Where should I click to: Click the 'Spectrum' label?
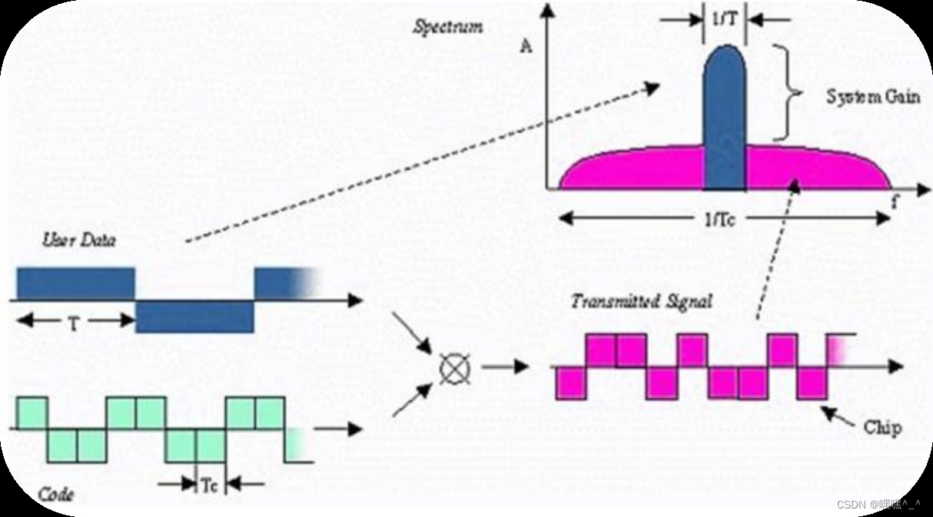(x=448, y=27)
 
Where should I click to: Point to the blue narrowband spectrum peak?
(x=725, y=108)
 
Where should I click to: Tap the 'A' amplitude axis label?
(x=526, y=46)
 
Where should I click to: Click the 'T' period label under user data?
(x=73, y=323)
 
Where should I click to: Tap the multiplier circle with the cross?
(x=451, y=367)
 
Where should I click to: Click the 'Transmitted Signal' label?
(x=640, y=301)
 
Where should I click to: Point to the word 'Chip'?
(x=882, y=427)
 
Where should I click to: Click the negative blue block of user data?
(x=194, y=316)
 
